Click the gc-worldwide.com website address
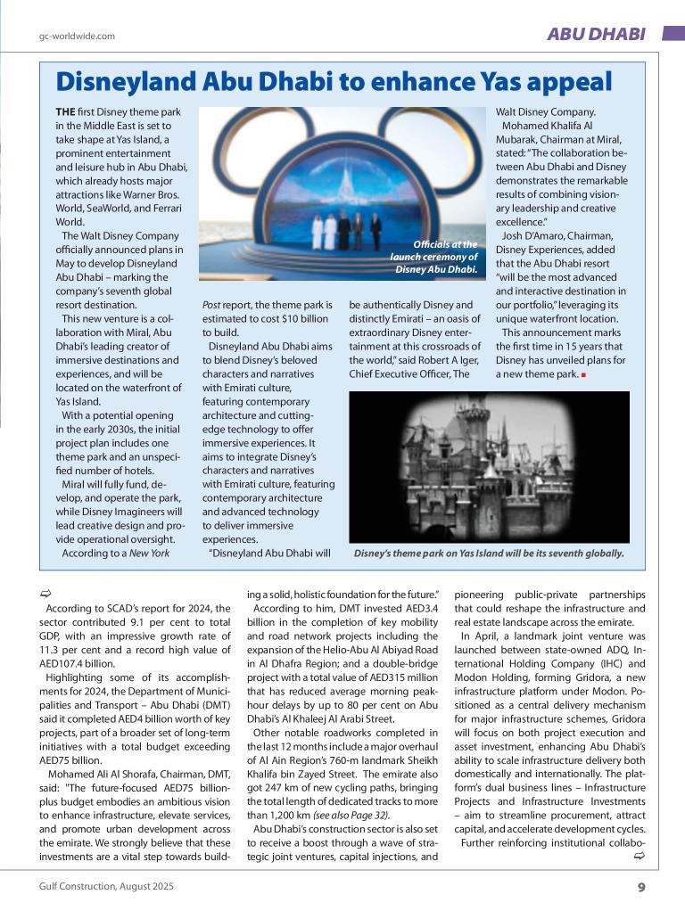77,37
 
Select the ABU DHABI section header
595,34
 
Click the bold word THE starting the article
65,112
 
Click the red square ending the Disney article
583,374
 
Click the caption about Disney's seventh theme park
489,554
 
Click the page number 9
640,886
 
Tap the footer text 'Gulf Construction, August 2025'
106,886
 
